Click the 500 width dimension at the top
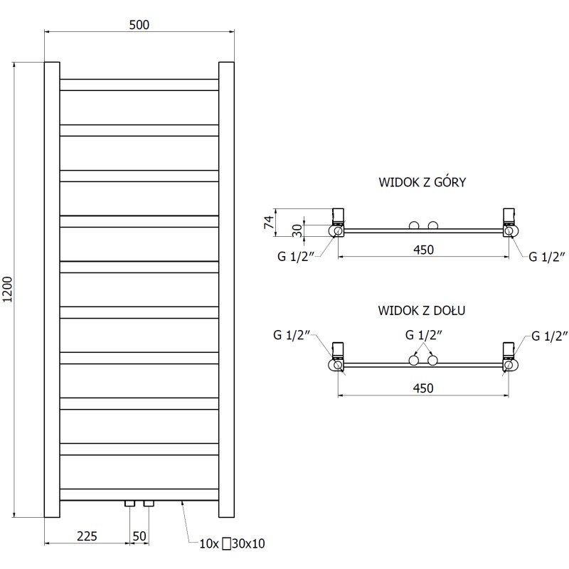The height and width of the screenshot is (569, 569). [139, 24]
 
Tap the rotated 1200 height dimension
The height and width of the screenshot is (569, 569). [8, 289]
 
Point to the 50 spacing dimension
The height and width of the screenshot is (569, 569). [139, 534]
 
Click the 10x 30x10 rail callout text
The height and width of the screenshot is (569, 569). [232, 544]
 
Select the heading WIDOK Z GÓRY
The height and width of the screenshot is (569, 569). [422, 183]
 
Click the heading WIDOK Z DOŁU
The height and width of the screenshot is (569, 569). [422, 311]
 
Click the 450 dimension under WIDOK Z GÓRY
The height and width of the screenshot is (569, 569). [422, 249]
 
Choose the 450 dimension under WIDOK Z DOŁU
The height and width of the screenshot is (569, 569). [422, 388]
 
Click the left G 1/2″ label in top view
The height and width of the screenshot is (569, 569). [294, 257]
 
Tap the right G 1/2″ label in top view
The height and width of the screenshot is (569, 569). [546, 257]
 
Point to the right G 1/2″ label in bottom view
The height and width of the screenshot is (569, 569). [546, 336]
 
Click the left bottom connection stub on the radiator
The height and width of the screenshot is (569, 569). [129, 504]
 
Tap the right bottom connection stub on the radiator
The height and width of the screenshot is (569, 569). [149, 504]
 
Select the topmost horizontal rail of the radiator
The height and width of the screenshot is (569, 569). [139, 85]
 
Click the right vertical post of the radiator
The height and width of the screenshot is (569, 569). [226, 289]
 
